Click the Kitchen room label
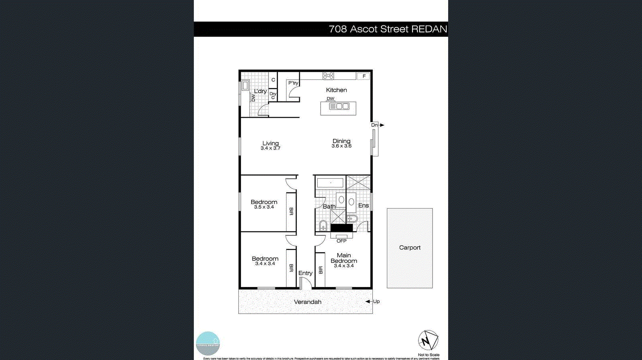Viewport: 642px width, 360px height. coord(336,90)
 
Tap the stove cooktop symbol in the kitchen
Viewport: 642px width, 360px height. coord(328,75)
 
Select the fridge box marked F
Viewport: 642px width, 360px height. coord(364,76)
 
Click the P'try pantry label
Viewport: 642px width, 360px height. coord(293,83)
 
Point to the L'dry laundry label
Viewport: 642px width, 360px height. coord(260,91)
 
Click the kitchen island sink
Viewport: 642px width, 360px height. coord(339,106)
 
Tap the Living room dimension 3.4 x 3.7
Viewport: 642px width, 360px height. coord(270,148)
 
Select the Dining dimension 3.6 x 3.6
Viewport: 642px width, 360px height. coord(341,146)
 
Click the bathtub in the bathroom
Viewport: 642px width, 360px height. coord(330,183)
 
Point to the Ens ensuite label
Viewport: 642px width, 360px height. coord(364,205)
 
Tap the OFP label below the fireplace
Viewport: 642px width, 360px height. coord(341,241)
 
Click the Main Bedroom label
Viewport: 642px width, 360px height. coord(344,258)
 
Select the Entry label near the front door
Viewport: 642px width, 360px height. coord(305,273)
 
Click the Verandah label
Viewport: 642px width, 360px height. coord(308,302)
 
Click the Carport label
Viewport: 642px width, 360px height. coord(410,248)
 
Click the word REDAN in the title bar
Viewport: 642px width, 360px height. coord(429,29)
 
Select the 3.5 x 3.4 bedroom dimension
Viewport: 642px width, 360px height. coord(264,207)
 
